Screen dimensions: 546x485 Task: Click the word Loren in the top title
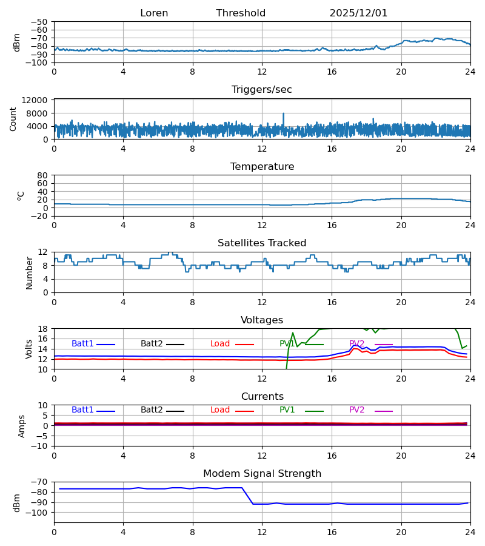tap(154, 13)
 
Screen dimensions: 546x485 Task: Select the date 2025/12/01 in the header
tap(358, 13)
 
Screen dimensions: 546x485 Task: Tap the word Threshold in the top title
tap(241, 13)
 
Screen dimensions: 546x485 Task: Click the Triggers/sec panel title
tap(262, 90)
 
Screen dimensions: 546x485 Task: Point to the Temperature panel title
tap(262, 167)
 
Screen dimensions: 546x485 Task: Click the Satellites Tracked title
tap(262, 243)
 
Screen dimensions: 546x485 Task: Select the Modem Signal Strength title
tap(262, 474)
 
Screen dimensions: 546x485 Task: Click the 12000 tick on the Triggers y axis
tap(38, 100)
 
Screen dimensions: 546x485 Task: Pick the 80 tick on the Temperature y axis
tap(43, 175)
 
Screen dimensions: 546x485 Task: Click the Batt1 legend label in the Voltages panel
tap(82, 344)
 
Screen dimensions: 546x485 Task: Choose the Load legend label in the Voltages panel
tap(220, 344)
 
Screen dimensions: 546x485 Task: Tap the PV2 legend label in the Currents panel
tap(357, 410)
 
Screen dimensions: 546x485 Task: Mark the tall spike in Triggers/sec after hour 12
tap(283, 114)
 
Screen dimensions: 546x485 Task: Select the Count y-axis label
tap(13, 119)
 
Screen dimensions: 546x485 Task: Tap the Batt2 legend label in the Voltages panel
tap(152, 344)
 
